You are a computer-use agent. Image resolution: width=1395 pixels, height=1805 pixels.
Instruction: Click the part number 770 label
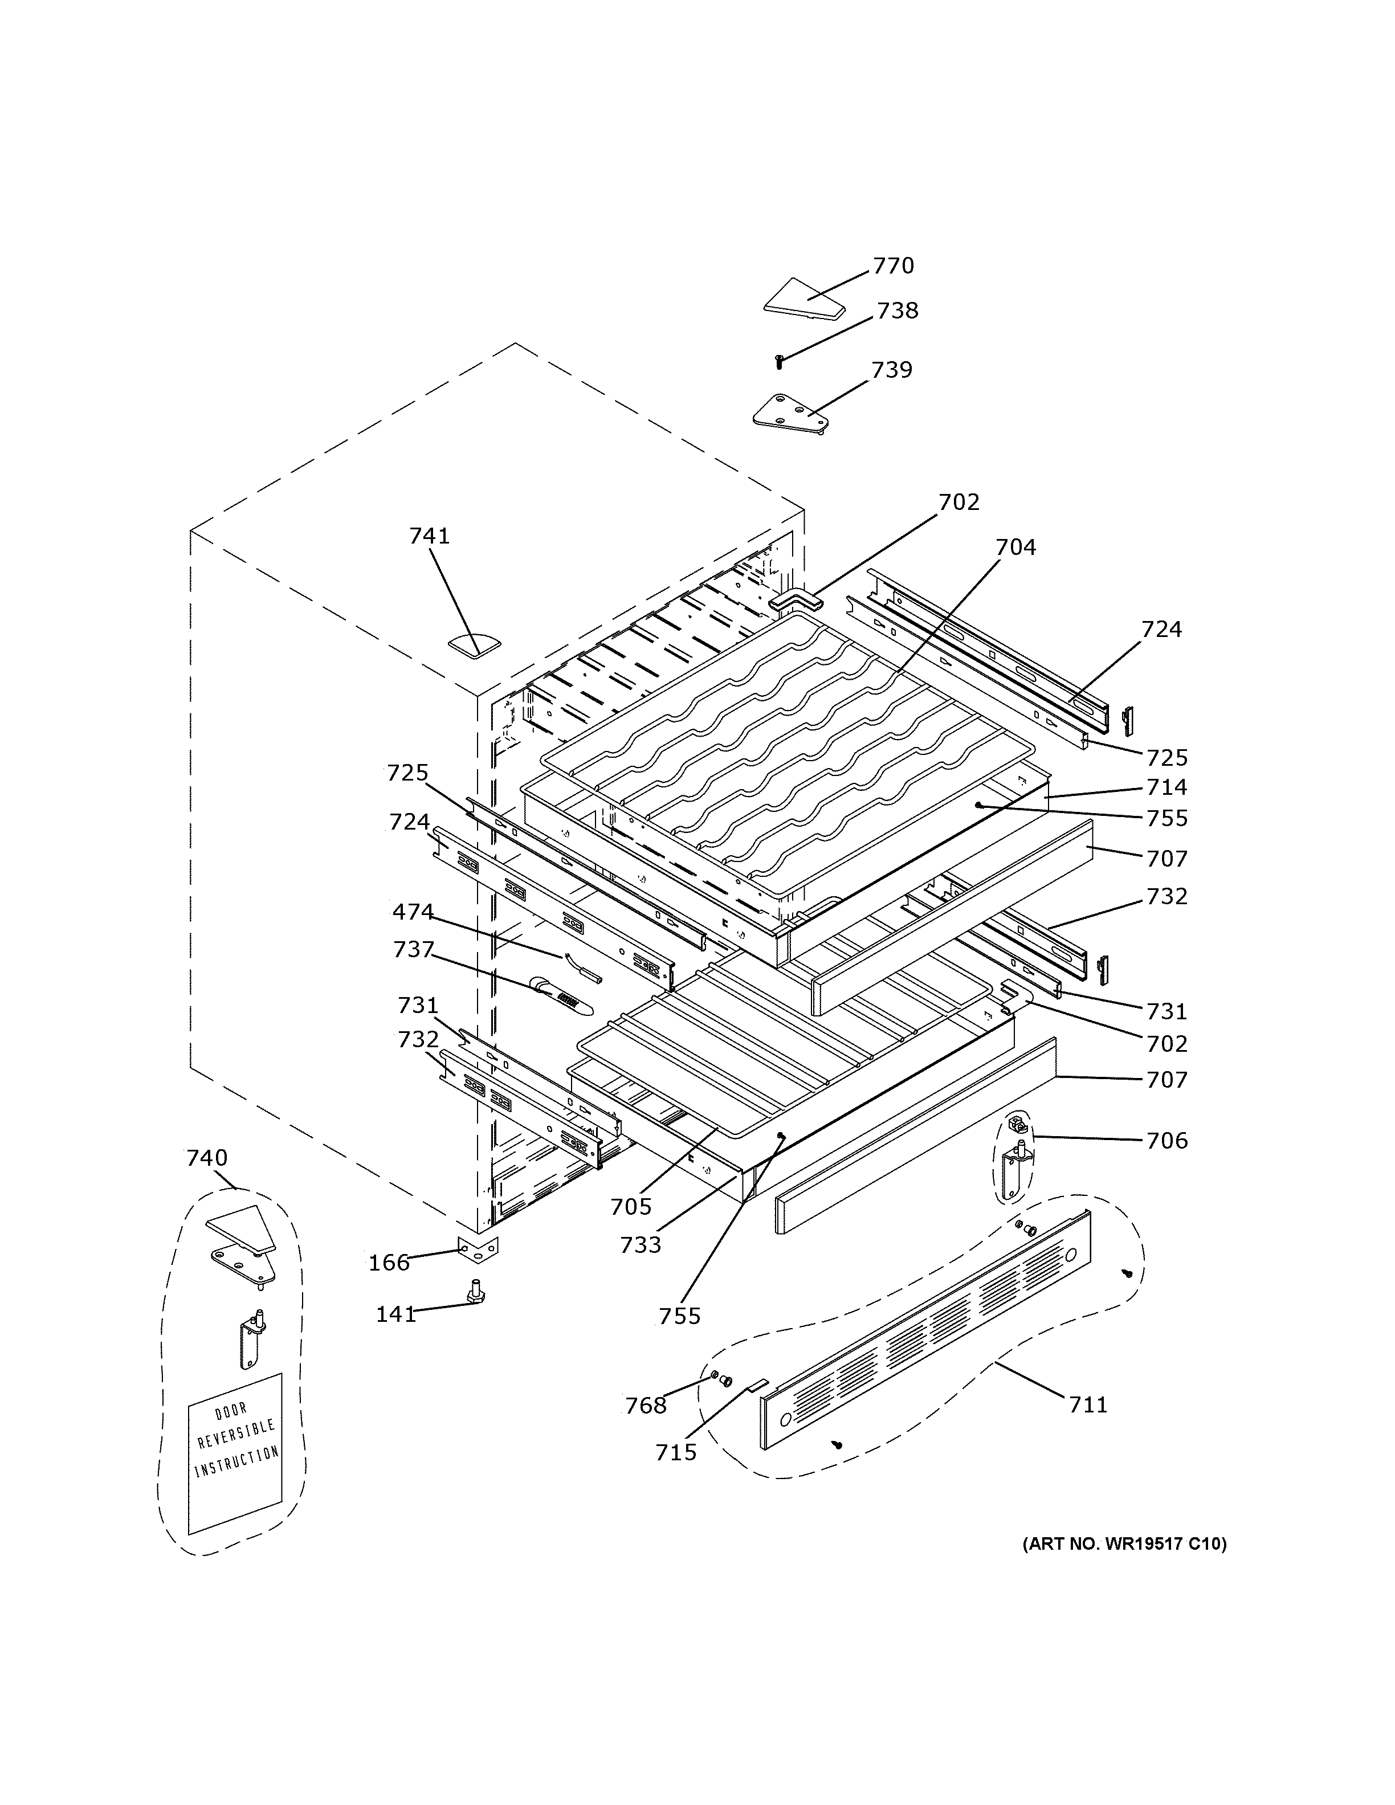tap(894, 266)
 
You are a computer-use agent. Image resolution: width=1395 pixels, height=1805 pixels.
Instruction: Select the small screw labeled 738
tap(778, 361)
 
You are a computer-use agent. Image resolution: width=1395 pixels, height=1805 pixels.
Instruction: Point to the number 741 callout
tap(430, 536)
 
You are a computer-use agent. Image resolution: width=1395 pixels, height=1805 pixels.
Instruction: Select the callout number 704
tap(1015, 547)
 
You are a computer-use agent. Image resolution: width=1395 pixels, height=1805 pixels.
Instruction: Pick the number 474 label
tap(413, 912)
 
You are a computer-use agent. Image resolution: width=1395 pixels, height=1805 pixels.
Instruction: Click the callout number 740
tap(207, 1158)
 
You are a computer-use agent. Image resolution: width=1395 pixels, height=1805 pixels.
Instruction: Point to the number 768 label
tap(646, 1405)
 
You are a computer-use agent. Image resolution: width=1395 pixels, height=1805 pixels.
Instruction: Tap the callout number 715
tap(676, 1452)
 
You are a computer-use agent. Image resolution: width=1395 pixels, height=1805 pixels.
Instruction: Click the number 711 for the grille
tap(1088, 1404)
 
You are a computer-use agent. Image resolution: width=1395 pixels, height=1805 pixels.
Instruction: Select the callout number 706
tap(1166, 1141)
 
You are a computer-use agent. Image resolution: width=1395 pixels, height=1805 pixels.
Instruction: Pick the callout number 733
tap(641, 1245)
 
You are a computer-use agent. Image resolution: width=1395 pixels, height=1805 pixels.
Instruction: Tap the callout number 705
tap(631, 1207)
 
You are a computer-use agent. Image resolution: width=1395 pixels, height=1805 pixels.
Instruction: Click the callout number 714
tap(1166, 787)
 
